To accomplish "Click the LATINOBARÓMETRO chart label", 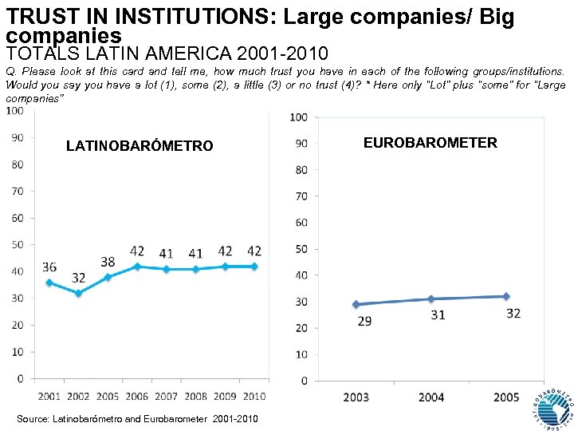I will coord(140,146).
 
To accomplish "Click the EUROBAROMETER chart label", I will coord(430,143).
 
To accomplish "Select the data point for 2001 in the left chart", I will coord(49,283).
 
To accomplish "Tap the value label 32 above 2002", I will coord(78,278).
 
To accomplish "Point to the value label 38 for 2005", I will coord(108,261).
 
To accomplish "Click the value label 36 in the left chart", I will coord(49,267).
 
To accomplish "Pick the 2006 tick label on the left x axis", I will coord(137,397).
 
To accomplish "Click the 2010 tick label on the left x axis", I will coord(254,397).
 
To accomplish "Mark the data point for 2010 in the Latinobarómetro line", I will coord(255,267).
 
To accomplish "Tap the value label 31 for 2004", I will coord(437,315).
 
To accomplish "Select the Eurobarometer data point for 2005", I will coord(505,296).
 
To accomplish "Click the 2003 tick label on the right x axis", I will coord(356,397).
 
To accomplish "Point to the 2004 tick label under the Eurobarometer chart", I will coord(431,397).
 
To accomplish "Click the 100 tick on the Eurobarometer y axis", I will coord(298,117).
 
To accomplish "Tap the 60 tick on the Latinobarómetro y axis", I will coord(17,218).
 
